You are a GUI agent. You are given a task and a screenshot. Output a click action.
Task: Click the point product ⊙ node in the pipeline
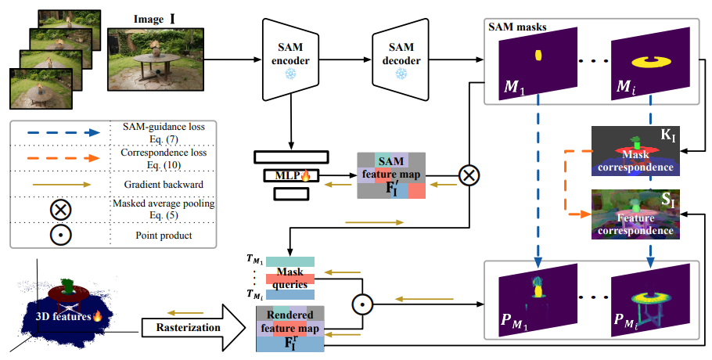[x=361, y=300]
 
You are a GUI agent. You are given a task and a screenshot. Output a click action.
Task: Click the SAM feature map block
[x=390, y=176]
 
